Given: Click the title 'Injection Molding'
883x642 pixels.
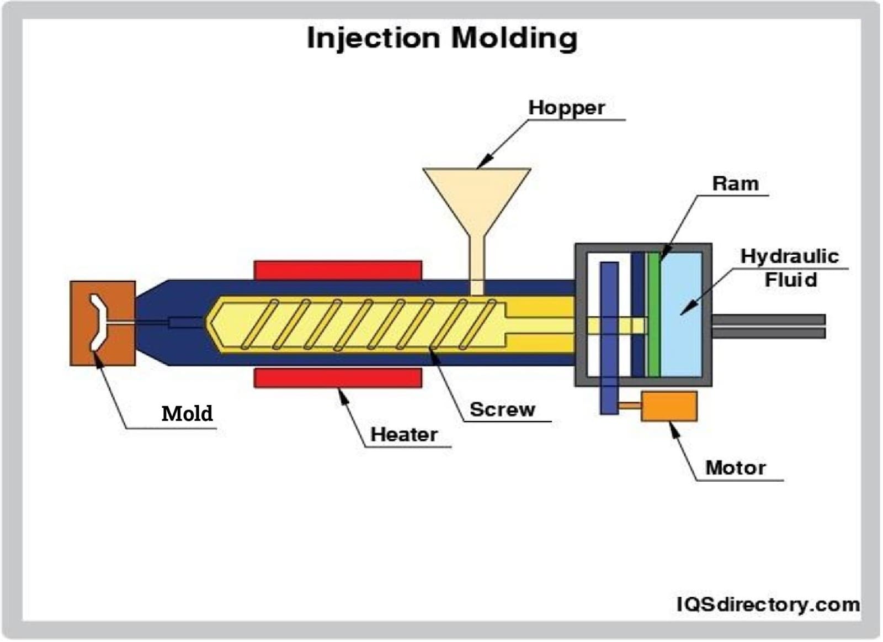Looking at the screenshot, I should [x=442, y=38].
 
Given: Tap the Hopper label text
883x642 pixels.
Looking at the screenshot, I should [x=566, y=107].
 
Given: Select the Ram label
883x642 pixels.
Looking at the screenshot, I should [x=735, y=183].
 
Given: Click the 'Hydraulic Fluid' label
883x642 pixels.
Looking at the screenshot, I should [x=790, y=268].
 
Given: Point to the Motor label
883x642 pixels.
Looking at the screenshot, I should [x=735, y=468].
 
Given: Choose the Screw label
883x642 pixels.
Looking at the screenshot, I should [x=502, y=409].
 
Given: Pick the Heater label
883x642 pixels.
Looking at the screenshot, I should [x=404, y=434].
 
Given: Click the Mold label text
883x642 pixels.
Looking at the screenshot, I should [x=187, y=413].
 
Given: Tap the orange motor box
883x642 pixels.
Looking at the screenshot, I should [x=669, y=406].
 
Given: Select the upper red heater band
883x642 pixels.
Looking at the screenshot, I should [x=338, y=270].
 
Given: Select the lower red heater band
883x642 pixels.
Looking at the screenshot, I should [x=338, y=378].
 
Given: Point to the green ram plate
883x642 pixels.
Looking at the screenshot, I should [x=653, y=315].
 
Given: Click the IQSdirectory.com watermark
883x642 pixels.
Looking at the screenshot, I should [x=768, y=604].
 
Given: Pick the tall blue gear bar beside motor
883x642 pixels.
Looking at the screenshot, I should [x=609, y=338].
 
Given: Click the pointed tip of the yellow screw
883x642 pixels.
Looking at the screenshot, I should [x=209, y=323].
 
